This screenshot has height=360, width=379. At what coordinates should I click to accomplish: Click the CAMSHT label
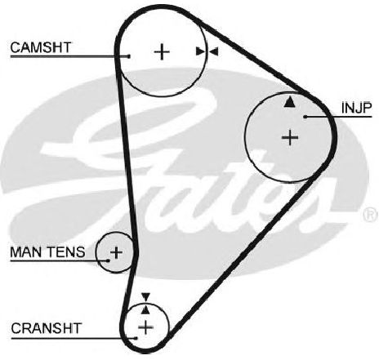(x=41, y=47)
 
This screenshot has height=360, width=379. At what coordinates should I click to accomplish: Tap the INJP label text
(x=356, y=108)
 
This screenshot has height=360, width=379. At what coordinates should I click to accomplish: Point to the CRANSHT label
(x=47, y=328)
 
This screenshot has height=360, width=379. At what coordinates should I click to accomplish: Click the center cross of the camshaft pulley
(x=162, y=51)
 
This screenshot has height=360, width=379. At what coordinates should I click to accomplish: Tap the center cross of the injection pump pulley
(x=290, y=137)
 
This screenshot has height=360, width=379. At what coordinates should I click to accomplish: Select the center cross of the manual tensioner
(x=116, y=253)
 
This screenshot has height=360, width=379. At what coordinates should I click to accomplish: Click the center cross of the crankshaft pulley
(x=146, y=327)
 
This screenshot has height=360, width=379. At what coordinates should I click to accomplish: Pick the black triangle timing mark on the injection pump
(x=289, y=102)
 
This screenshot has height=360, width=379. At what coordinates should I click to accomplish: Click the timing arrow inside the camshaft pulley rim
(x=202, y=51)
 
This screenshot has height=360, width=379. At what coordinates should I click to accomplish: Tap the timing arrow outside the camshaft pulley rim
(x=213, y=51)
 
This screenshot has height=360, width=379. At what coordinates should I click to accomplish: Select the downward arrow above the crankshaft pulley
(x=146, y=297)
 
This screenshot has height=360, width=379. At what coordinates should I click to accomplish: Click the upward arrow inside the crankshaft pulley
(x=146, y=309)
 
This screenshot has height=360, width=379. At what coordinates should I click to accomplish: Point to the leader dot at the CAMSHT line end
(x=129, y=56)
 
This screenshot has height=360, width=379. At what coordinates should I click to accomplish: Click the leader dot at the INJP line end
(x=305, y=117)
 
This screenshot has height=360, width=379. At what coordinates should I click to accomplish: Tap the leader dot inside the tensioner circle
(x=108, y=260)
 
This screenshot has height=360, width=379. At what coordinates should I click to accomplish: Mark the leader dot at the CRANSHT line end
(x=136, y=338)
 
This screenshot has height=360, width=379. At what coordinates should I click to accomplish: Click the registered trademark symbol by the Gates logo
(x=371, y=214)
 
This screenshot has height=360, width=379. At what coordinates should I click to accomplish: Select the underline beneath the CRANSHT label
(x=74, y=339)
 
